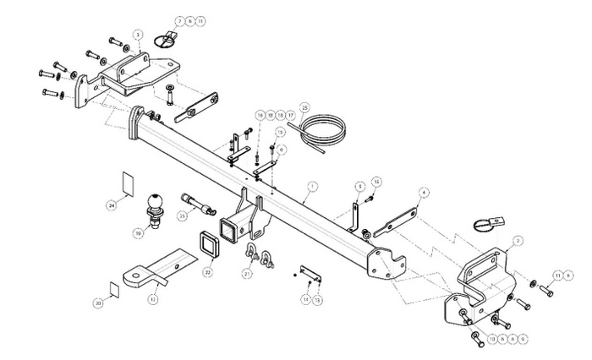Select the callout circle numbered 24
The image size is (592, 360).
[111, 204]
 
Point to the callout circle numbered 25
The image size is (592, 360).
[304, 106]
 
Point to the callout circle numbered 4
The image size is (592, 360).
[424, 192]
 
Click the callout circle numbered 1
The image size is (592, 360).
[312, 185]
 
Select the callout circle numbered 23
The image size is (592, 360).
[182, 216]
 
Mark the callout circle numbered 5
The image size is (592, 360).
[359, 184]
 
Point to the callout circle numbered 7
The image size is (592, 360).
[180, 20]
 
